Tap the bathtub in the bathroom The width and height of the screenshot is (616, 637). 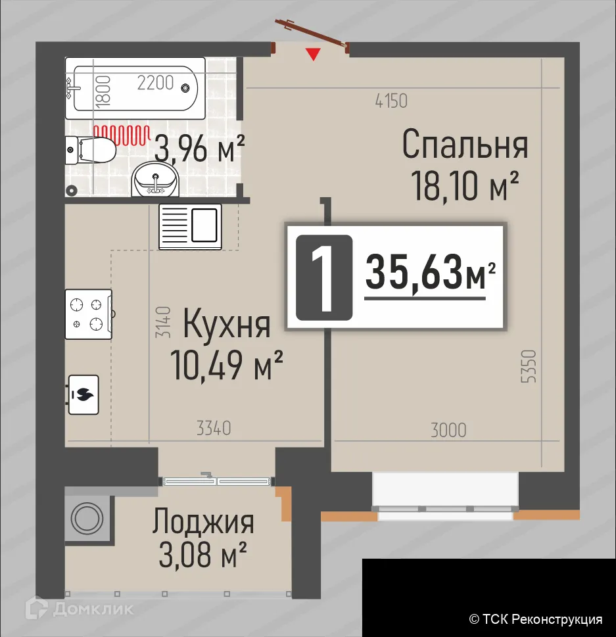click(135, 87)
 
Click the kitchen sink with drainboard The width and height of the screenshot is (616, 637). click(190, 225)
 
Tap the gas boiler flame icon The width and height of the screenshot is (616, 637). click(83, 394)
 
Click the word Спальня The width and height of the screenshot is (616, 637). click(465, 145)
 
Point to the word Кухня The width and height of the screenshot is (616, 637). click(226, 324)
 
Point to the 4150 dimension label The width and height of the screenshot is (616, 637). click(391, 101)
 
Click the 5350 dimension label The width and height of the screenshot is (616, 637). click(533, 371)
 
